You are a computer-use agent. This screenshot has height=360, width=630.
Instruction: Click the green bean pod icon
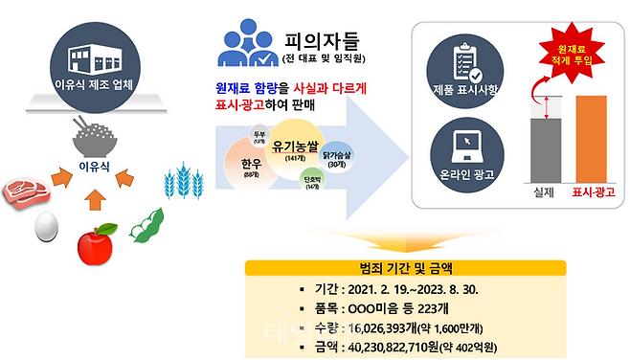point(147,223)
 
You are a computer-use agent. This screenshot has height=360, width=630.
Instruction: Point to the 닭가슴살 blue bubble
point(336,159)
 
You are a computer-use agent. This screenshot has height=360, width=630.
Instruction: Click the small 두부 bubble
point(259,135)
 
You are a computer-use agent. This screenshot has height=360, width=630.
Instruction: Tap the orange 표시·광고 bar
point(590,138)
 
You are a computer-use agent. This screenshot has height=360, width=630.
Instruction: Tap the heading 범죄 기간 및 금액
point(405,266)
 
